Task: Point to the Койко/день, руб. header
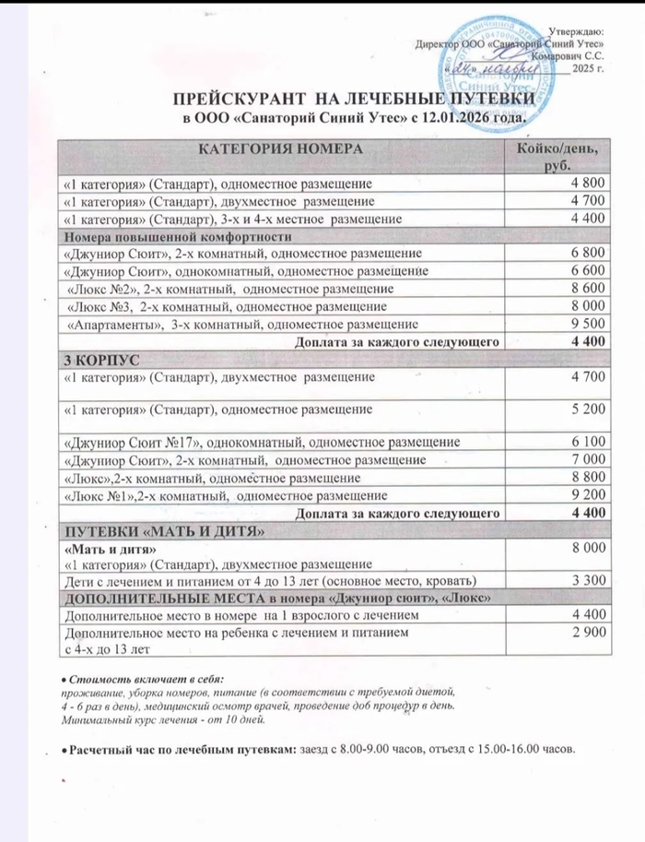pos(554,157)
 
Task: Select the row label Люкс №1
pos(96,495)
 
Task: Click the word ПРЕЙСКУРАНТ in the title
pos(241,100)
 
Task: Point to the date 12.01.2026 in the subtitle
pos(453,117)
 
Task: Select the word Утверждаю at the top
pos(581,31)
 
